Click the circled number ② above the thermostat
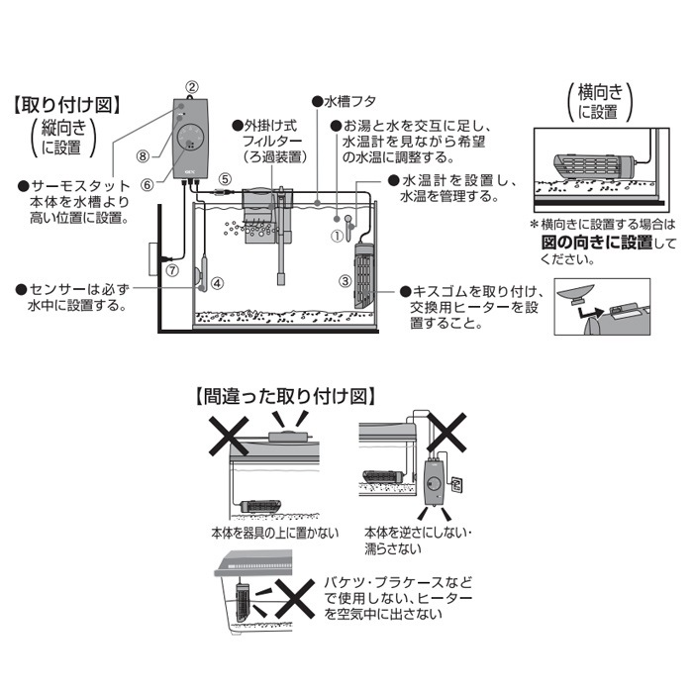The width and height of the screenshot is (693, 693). tap(191, 87)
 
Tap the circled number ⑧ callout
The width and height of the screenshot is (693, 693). tap(143, 156)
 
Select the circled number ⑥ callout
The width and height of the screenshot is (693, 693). tap(148, 185)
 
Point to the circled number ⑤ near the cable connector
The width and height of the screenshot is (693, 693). tap(225, 179)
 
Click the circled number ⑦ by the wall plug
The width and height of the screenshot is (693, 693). tap(172, 270)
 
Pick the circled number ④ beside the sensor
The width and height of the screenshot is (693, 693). tap(217, 283)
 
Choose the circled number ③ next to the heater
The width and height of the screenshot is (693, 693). tap(346, 281)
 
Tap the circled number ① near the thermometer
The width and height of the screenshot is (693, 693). tap(338, 236)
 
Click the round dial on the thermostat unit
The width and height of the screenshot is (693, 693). tap(190, 137)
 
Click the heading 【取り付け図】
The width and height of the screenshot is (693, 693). tap(67, 105)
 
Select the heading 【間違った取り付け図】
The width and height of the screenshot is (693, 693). tap(285, 396)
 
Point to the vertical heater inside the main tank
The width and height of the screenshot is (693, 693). tap(363, 276)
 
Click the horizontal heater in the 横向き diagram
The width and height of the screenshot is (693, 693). tap(594, 168)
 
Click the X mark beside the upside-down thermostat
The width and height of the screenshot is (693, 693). tap(446, 433)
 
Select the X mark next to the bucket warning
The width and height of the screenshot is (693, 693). tap(295, 599)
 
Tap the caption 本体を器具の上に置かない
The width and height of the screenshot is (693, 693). tap(275, 533)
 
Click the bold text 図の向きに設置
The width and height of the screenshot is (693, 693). tap(597, 243)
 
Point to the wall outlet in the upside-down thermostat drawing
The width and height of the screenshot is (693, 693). tap(456, 484)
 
